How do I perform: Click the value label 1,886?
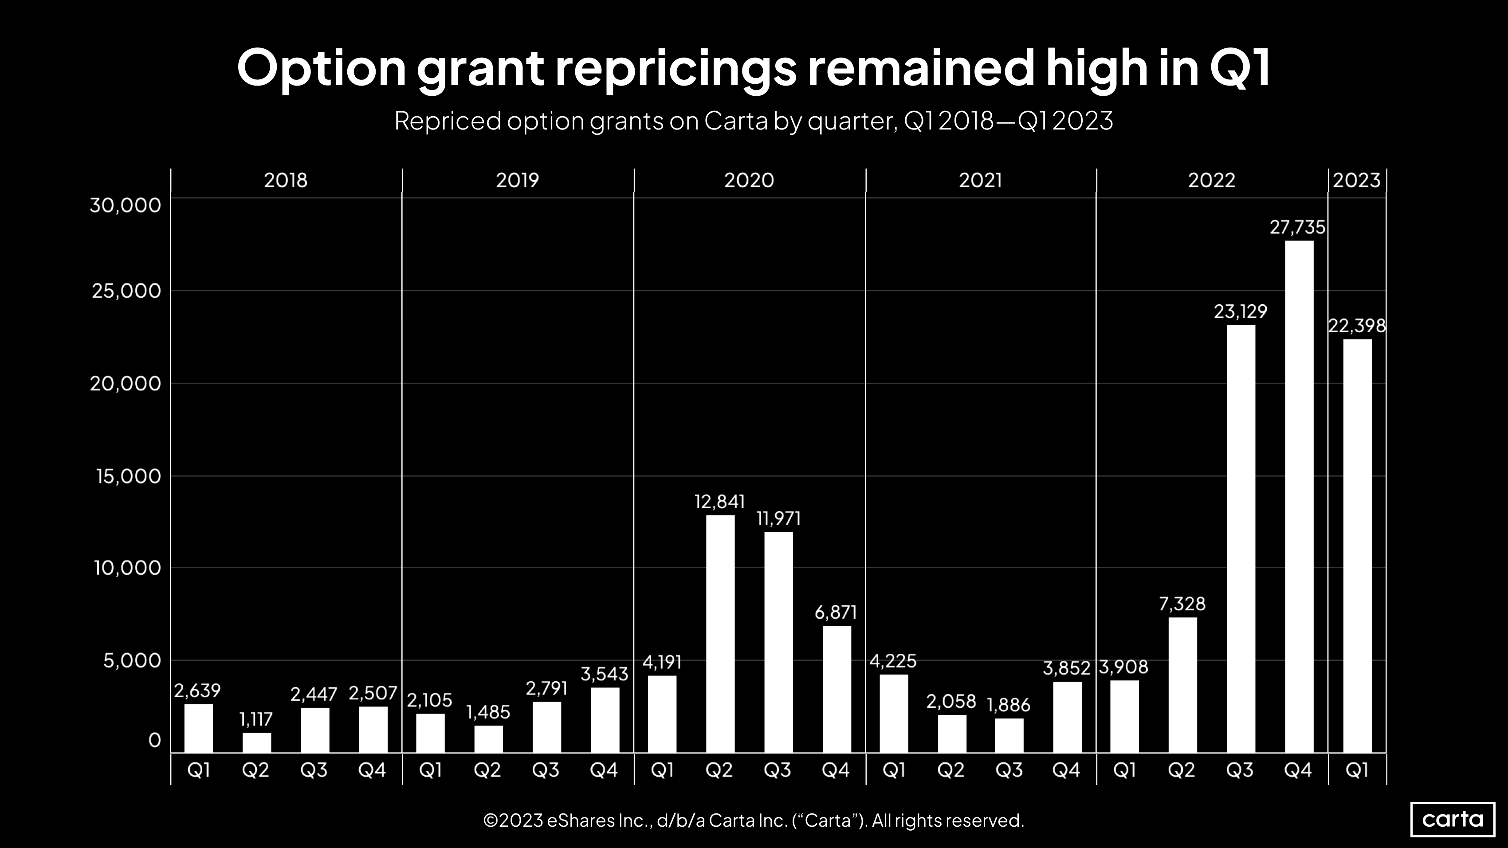pos(1008,705)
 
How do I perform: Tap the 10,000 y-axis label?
pos(127,568)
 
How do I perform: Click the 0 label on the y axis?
pos(154,740)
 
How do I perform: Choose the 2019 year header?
pos(517,180)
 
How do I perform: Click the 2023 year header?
pos(1356,180)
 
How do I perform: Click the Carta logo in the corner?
pos(1453,819)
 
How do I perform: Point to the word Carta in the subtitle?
pos(735,121)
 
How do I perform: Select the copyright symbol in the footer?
pos(491,821)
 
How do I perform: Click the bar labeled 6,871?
pos(836,689)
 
